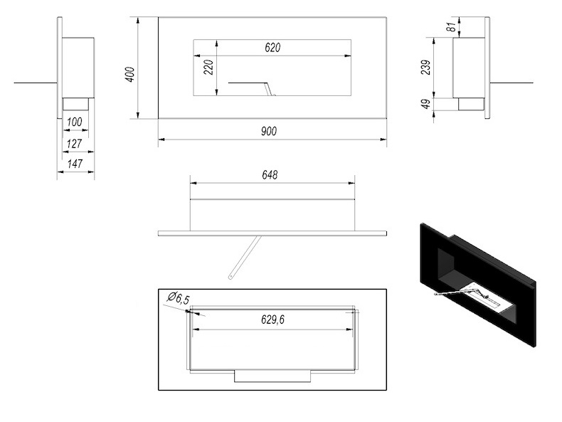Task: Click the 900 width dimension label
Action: click(x=269, y=131)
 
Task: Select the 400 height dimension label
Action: click(x=130, y=74)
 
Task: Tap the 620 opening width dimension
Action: click(x=272, y=48)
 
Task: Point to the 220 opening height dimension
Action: click(x=208, y=67)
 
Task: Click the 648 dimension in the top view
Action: click(x=270, y=175)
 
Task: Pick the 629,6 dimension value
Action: click(x=272, y=320)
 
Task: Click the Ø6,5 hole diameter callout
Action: click(x=178, y=298)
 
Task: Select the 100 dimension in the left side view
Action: click(x=75, y=122)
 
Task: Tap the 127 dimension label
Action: click(x=75, y=144)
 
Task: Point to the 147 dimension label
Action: click(x=75, y=164)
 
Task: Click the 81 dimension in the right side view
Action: click(x=452, y=26)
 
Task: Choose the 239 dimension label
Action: click(x=426, y=68)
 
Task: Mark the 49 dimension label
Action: click(x=426, y=104)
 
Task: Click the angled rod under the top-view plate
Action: click(x=245, y=257)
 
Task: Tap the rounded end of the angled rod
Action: click(x=230, y=277)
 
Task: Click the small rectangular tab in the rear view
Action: click(x=272, y=376)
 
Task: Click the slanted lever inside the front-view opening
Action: click(x=269, y=89)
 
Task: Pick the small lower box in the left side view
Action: click(x=75, y=104)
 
